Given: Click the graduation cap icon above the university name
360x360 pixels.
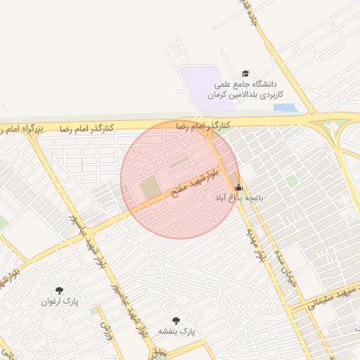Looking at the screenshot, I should (245, 73).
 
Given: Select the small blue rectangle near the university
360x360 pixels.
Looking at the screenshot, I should (284, 108).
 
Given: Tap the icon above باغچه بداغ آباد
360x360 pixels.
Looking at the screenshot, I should (238, 188).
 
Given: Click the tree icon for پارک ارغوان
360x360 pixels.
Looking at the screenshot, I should (58, 290).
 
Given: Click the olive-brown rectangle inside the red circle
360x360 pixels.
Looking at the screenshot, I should (150, 188).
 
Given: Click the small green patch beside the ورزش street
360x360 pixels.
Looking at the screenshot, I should (94, 310).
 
